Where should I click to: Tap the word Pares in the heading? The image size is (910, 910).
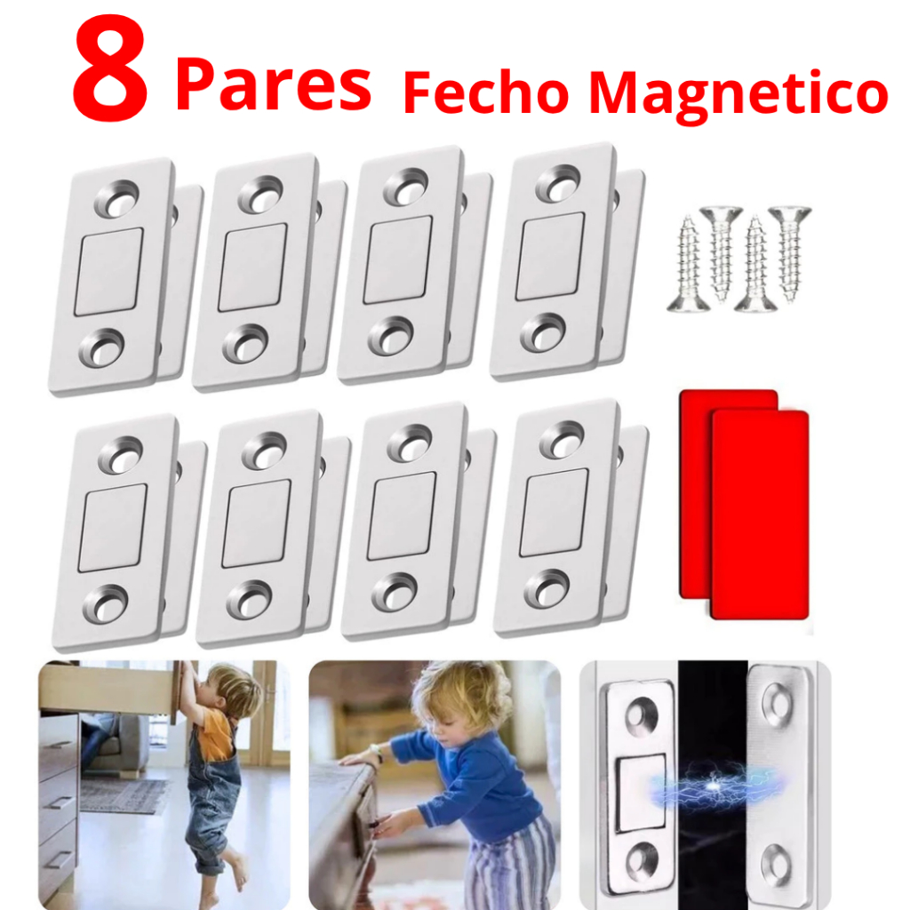pos(273,84)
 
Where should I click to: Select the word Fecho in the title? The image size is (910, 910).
pos(486,92)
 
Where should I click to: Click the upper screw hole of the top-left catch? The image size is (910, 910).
pos(117,198)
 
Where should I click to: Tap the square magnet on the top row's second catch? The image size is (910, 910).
pos(252,267)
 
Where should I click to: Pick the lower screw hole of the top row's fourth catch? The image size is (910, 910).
pos(543,333)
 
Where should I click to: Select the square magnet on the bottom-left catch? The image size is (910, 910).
pos(113,528)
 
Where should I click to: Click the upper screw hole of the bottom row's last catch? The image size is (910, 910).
pos(562,440)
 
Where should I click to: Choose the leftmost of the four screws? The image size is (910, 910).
pos(689,264)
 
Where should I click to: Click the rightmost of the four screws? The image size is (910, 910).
pos(790,253)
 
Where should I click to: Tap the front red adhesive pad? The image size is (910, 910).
pos(760,515)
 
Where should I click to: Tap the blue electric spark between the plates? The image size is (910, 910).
pos(714,786)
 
